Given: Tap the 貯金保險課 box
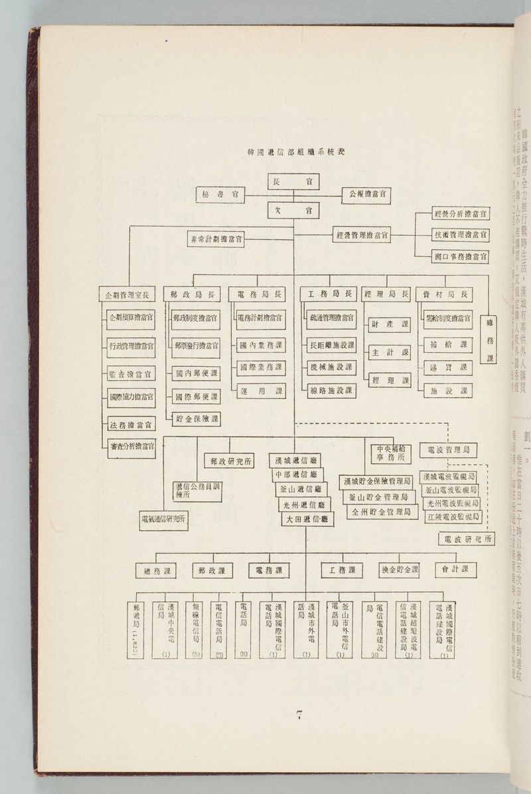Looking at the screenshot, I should pos(197,419).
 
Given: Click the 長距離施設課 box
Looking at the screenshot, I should pos(332,345).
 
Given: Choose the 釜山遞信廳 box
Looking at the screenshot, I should pos(300,488).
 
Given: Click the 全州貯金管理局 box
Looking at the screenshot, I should pos(380,512).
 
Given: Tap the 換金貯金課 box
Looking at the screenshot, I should pos(400,569).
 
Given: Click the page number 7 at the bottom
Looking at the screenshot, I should pos(299,715).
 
